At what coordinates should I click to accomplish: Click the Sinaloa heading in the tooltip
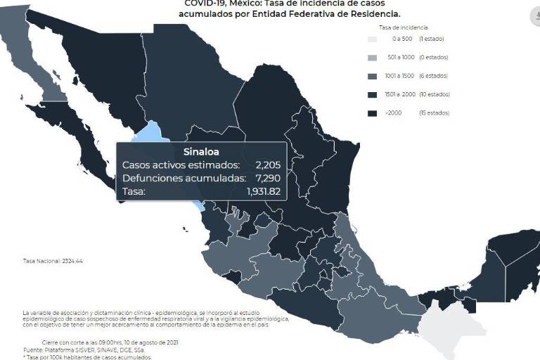point(201,151)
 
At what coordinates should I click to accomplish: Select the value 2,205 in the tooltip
point(268,165)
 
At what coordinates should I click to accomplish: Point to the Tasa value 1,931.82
point(264,191)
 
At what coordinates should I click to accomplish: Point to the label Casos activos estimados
point(181,165)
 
